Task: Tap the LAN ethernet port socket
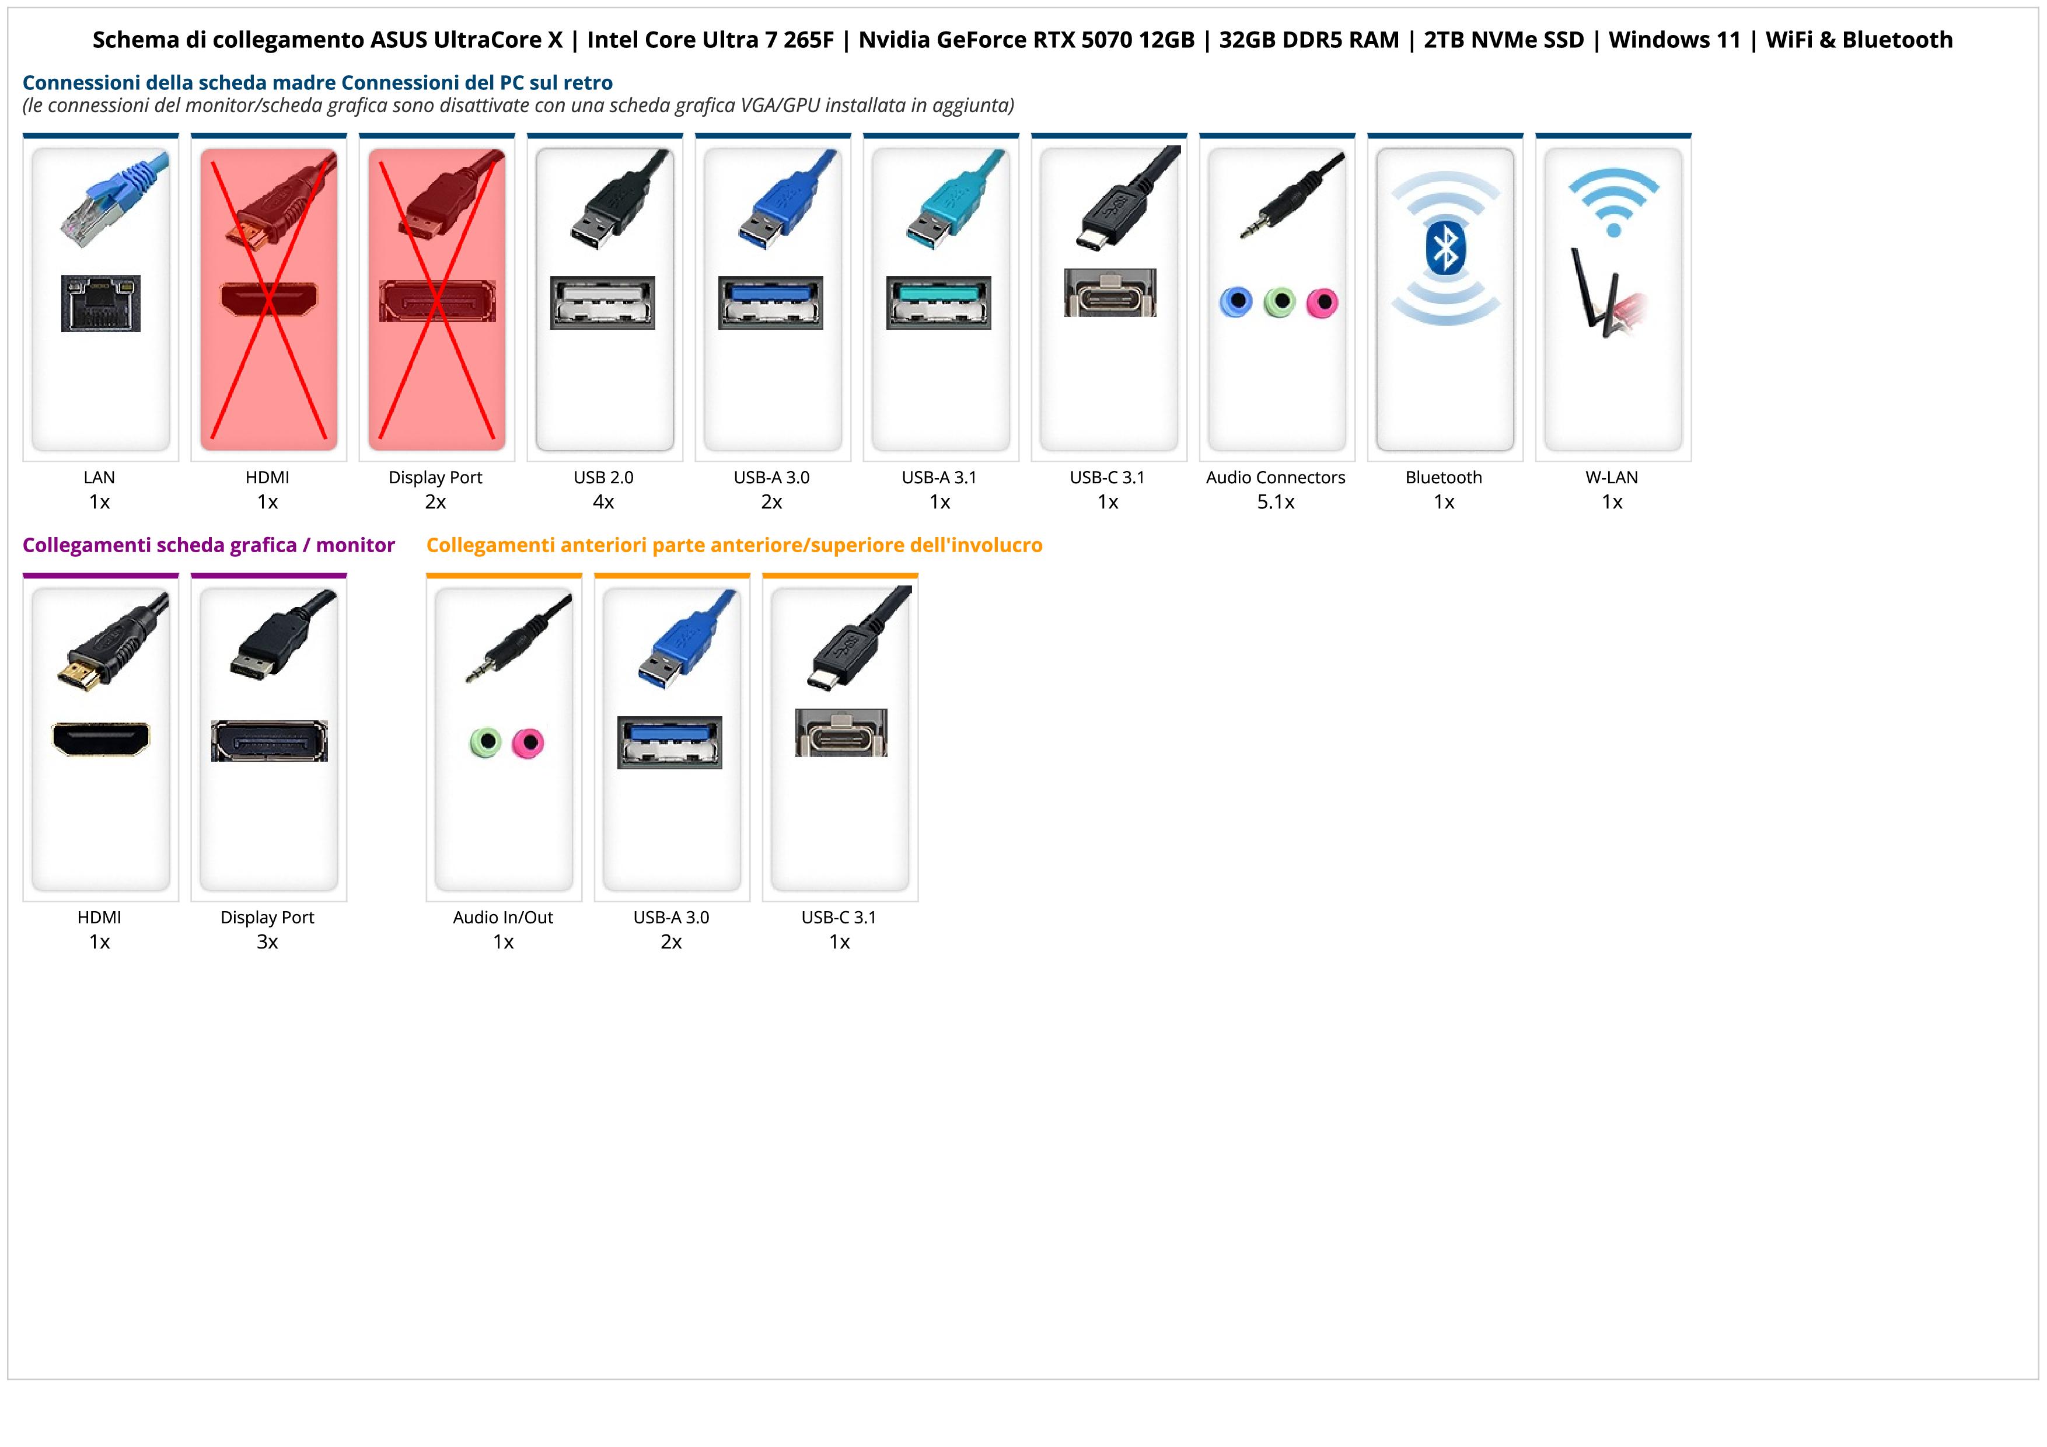coord(101,304)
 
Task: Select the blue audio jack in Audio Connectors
coord(1236,302)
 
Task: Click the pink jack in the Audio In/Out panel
coord(528,742)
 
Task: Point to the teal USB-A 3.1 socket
coord(938,302)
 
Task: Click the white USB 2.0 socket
coord(603,302)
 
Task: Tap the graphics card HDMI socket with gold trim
coord(101,738)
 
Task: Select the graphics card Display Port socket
coord(269,741)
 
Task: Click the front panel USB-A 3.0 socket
coord(669,742)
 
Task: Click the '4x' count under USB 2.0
coord(603,502)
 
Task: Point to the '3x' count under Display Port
coord(267,942)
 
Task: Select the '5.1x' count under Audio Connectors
coord(1276,502)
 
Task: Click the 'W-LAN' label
coord(1612,477)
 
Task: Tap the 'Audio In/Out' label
coord(503,918)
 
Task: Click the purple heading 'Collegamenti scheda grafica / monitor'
coord(209,545)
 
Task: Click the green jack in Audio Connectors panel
coord(1279,302)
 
